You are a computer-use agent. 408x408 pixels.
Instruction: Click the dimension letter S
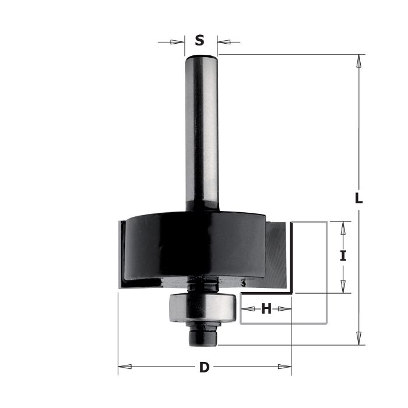pyautogui.click(x=199, y=41)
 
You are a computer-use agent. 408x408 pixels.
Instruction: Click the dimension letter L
pyautogui.click(x=359, y=198)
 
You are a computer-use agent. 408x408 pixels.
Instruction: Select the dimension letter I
pyautogui.click(x=343, y=255)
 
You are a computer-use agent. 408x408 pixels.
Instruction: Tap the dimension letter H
pyautogui.click(x=266, y=309)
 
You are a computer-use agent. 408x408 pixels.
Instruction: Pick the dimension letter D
pyautogui.click(x=204, y=367)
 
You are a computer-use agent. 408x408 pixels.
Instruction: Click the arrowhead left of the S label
pyautogui.click(x=177, y=42)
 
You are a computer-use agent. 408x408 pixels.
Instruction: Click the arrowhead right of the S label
pyautogui.click(x=224, y=41)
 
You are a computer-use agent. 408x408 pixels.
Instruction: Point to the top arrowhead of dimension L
pyautogui.click(x=359, y=61)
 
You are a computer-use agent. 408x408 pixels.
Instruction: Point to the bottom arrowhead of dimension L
pyautogui.click(x=359, y=338)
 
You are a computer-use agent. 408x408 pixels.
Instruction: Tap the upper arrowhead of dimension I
pyautogui.click(x=343, y=228)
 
